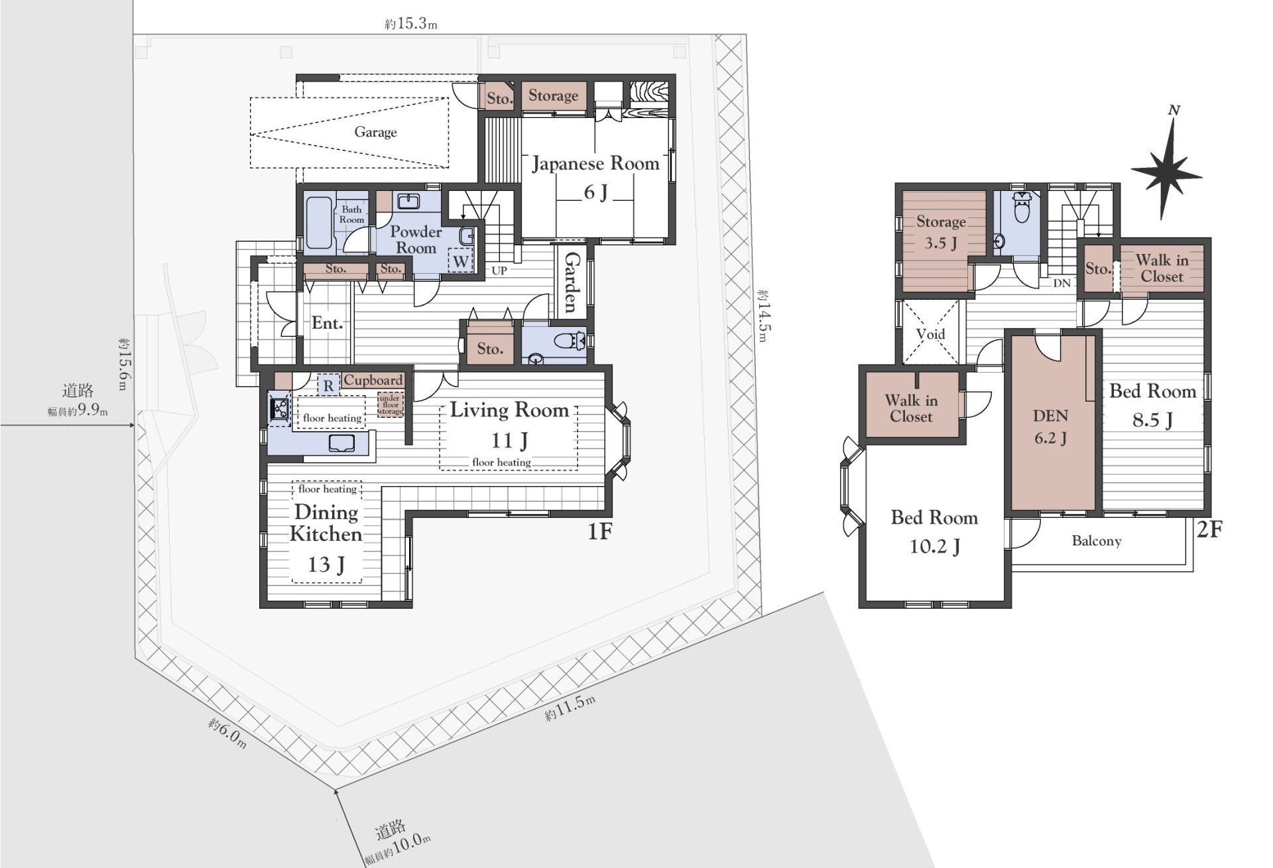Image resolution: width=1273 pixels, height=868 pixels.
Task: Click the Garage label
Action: pos(375,132)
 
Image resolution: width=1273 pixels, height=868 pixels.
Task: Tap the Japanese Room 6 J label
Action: pos(595,177)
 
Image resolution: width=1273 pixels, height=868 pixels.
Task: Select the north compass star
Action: pos(1168,168)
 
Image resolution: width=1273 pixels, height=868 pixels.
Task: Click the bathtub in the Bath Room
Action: pos(319,223)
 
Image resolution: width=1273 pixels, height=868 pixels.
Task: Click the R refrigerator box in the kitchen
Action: pos(328,385)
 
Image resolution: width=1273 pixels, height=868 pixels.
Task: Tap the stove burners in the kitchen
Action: pos(278,408)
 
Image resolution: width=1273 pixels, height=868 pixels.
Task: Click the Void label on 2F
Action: pos(930,334)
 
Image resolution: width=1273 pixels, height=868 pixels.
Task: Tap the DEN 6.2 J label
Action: pos(1051,426)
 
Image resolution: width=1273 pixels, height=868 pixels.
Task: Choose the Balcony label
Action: pos(1097,541)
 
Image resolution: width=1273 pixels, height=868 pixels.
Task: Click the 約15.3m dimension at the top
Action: pos(410,24)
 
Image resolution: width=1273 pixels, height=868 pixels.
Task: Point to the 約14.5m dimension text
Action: pos(762,315)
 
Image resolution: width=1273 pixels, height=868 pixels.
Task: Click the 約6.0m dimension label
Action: pos(227,732)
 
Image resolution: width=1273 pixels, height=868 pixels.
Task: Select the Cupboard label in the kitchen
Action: pos(373,380)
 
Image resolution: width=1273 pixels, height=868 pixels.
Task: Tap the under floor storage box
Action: pos(391,405)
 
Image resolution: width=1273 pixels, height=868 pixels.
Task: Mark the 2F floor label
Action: pos(1209,529)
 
